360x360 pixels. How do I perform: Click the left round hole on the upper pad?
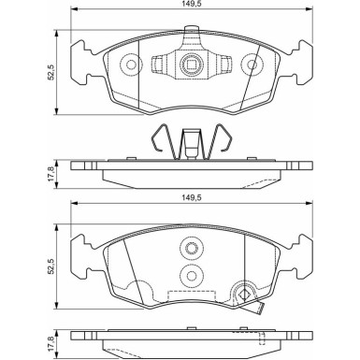(131, 65)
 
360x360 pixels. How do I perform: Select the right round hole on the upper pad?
(251, 65)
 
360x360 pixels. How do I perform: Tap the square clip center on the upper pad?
(192, 65)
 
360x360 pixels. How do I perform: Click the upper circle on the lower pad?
(192, 249)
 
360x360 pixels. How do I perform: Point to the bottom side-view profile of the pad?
(192, 341)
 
